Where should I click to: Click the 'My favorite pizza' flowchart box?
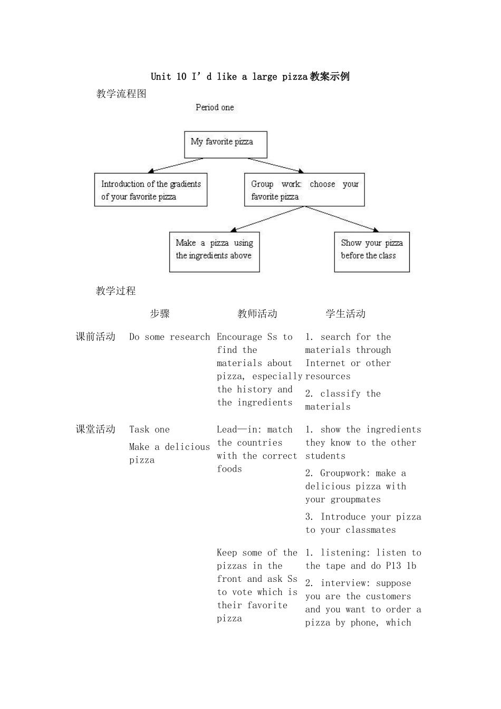click(x=225, y=144)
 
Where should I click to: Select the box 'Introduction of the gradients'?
click(x=150, y=189)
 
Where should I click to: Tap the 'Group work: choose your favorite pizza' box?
click(x=304, y=189)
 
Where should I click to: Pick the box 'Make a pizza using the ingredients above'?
click(x=214, y=252)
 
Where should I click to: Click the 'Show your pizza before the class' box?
click(x=371, y=252)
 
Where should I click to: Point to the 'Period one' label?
click(x=215, y=108)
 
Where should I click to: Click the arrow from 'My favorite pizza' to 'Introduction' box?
click(x=175, y=165)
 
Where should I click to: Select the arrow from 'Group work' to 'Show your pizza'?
click(x=342, y=218)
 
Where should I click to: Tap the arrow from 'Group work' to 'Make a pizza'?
click(x=268, y=218)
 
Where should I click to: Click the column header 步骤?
click(x=160, y=314)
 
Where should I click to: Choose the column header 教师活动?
click(x=257, y=314)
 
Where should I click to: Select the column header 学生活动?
click(x=345, y=314)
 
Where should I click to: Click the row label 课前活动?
click(x=95, y=337)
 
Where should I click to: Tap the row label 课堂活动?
click(x=95, y=429)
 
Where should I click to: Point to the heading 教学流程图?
click(x=121, y=94)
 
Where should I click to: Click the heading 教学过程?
click(x=116, y=291)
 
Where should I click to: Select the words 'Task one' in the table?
click(x=149, y=429)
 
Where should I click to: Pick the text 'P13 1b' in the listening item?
click(x=401, y=566)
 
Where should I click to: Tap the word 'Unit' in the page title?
click(x=161, y=76)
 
